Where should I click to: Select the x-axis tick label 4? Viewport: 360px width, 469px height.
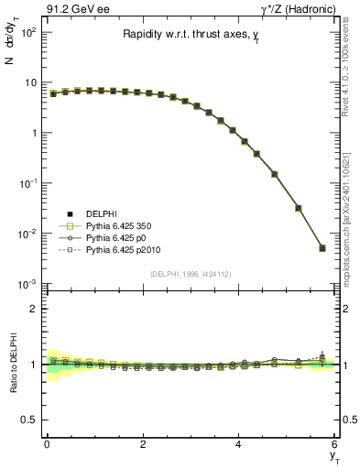click(x=239, y=443)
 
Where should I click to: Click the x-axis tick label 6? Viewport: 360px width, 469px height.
click(x=335, y=443)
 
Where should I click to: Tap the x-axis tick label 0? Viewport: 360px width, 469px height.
click(x=47, y=443)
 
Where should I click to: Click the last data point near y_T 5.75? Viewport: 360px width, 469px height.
click(x=322, y=247)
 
